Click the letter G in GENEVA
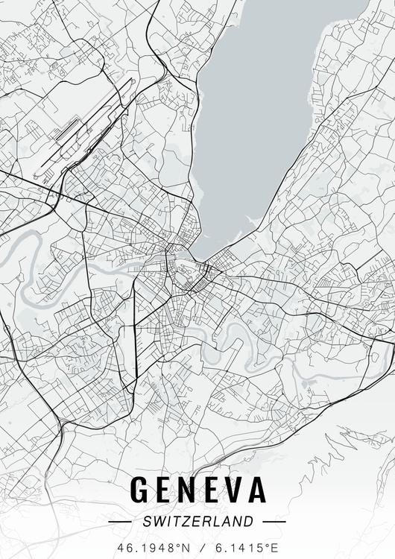pyautogui.click(x=141, y=489)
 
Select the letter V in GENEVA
pyautogui.click(x=227, y=489)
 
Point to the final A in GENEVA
pyautogui.click(x=255, y=489)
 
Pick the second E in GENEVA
pyautogui.click(x=204, y=489)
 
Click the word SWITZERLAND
pyautogui.click(x=197, y=522)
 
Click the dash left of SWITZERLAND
pyautogui.click(x=119, y=522)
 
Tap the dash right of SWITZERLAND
pyautogui.click(x=274, y=522)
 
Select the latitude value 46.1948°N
pyautogui.click(x=153, y=548)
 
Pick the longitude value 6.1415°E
pyautogui.click(x=241, y=548)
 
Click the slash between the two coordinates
pyautogui.click(x=197, y=548)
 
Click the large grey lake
pyautogui.click(x=261, y=97)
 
